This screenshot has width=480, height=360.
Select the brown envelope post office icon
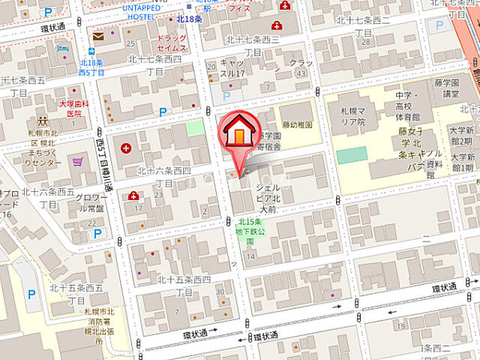pos(98,36)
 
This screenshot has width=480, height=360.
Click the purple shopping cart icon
pos(78,160)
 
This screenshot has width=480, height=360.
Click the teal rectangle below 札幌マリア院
pos(352,155)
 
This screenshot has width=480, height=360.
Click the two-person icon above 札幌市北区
pos(42,121)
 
